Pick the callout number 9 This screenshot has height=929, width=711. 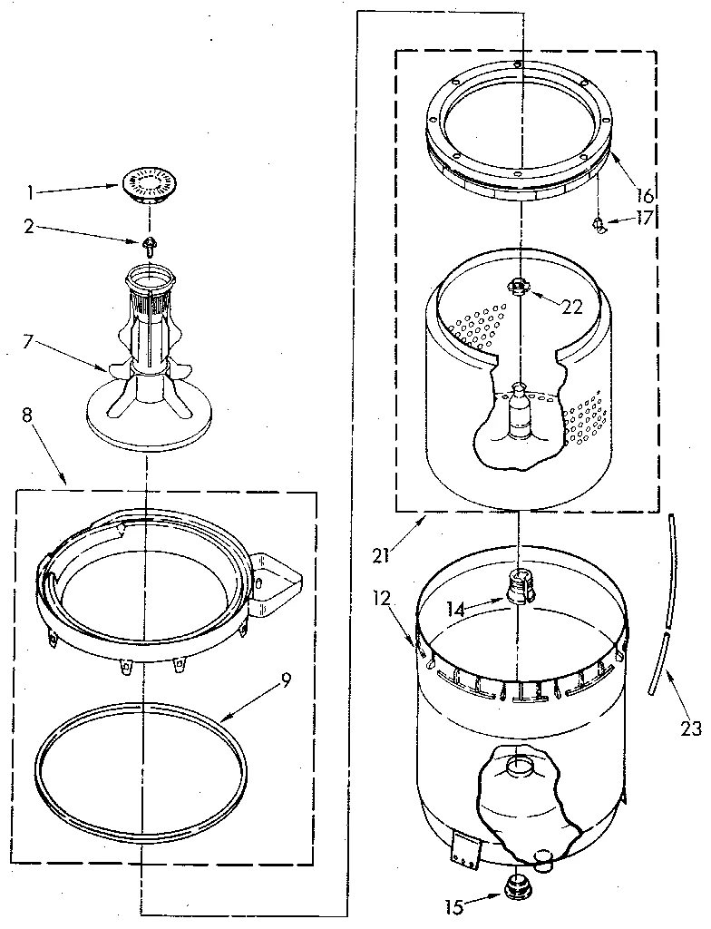286,677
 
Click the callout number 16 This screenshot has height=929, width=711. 645,194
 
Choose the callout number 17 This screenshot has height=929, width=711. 645,218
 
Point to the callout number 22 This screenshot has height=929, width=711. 570,306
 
